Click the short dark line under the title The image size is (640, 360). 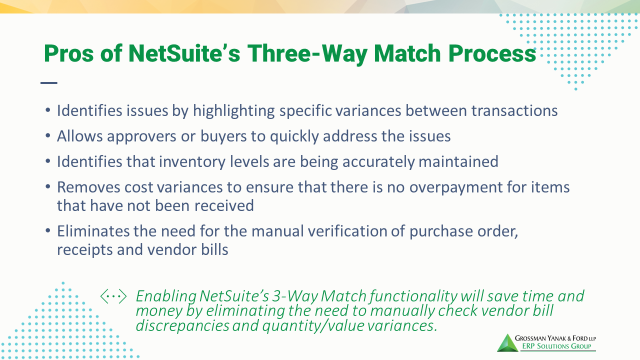(x=49, y=83)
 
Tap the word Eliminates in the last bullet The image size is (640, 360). (x=93, y=231)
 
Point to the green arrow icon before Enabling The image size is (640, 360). (x=113, y=296)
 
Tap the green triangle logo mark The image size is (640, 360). (x=506, y=342)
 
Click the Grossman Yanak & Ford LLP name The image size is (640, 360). (x=555, y=337)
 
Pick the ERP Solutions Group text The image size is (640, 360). (x=555, y=346)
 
